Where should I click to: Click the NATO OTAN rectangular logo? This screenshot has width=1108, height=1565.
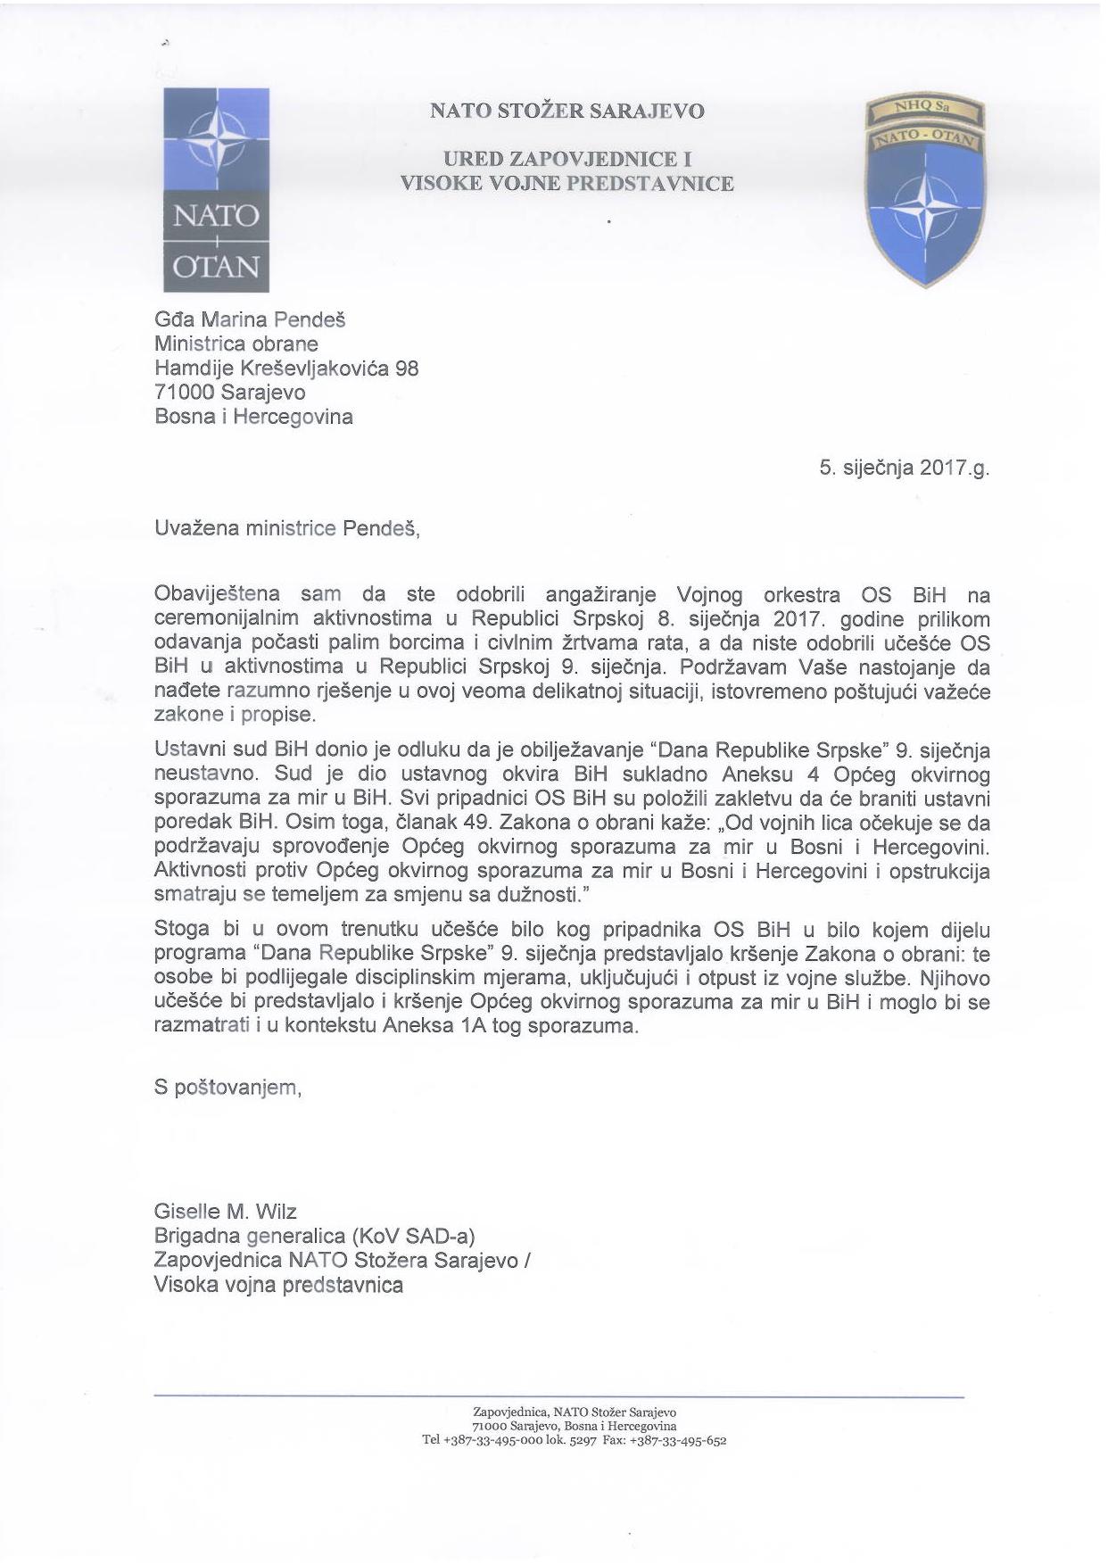(x=216, y=189)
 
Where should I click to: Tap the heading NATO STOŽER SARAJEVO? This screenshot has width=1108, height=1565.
(x=566, y=112)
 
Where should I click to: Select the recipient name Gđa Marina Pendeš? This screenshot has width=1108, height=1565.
(x=250, y=319)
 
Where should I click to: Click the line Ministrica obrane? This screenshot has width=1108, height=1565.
(x=236, y=344)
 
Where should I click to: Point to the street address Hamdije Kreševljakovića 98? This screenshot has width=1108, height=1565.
(x=285, y=368)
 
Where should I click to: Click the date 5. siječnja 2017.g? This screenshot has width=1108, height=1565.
(x=904, y=468)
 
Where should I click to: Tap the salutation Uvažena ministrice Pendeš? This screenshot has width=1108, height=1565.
(x=285, y=528)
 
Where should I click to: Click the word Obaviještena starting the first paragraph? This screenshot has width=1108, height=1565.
(x=217, y=594)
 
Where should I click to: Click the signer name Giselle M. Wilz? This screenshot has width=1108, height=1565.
(x=225, y=1212)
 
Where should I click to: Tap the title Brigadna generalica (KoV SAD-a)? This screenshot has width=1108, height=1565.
(x=314, y=1236)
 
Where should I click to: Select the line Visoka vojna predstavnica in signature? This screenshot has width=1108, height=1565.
(x=278, y=1285)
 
